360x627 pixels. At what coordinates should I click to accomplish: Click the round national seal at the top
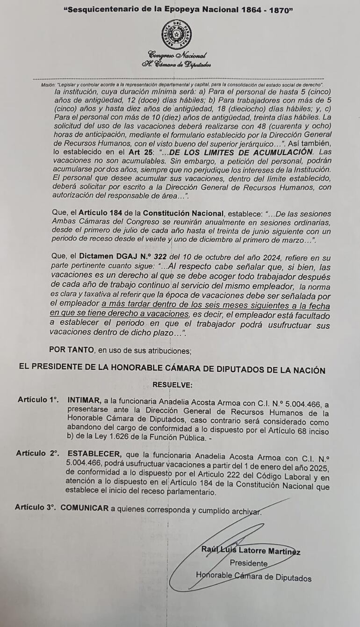point(176,34)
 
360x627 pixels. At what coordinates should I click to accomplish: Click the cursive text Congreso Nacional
point(177,55)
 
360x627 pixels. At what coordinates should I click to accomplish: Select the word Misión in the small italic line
point(48,85)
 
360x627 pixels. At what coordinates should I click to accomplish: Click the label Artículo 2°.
point(37,453)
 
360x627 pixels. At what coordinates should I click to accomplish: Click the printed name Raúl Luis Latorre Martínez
point(251,552)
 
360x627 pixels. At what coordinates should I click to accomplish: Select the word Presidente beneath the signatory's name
point(248,564)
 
